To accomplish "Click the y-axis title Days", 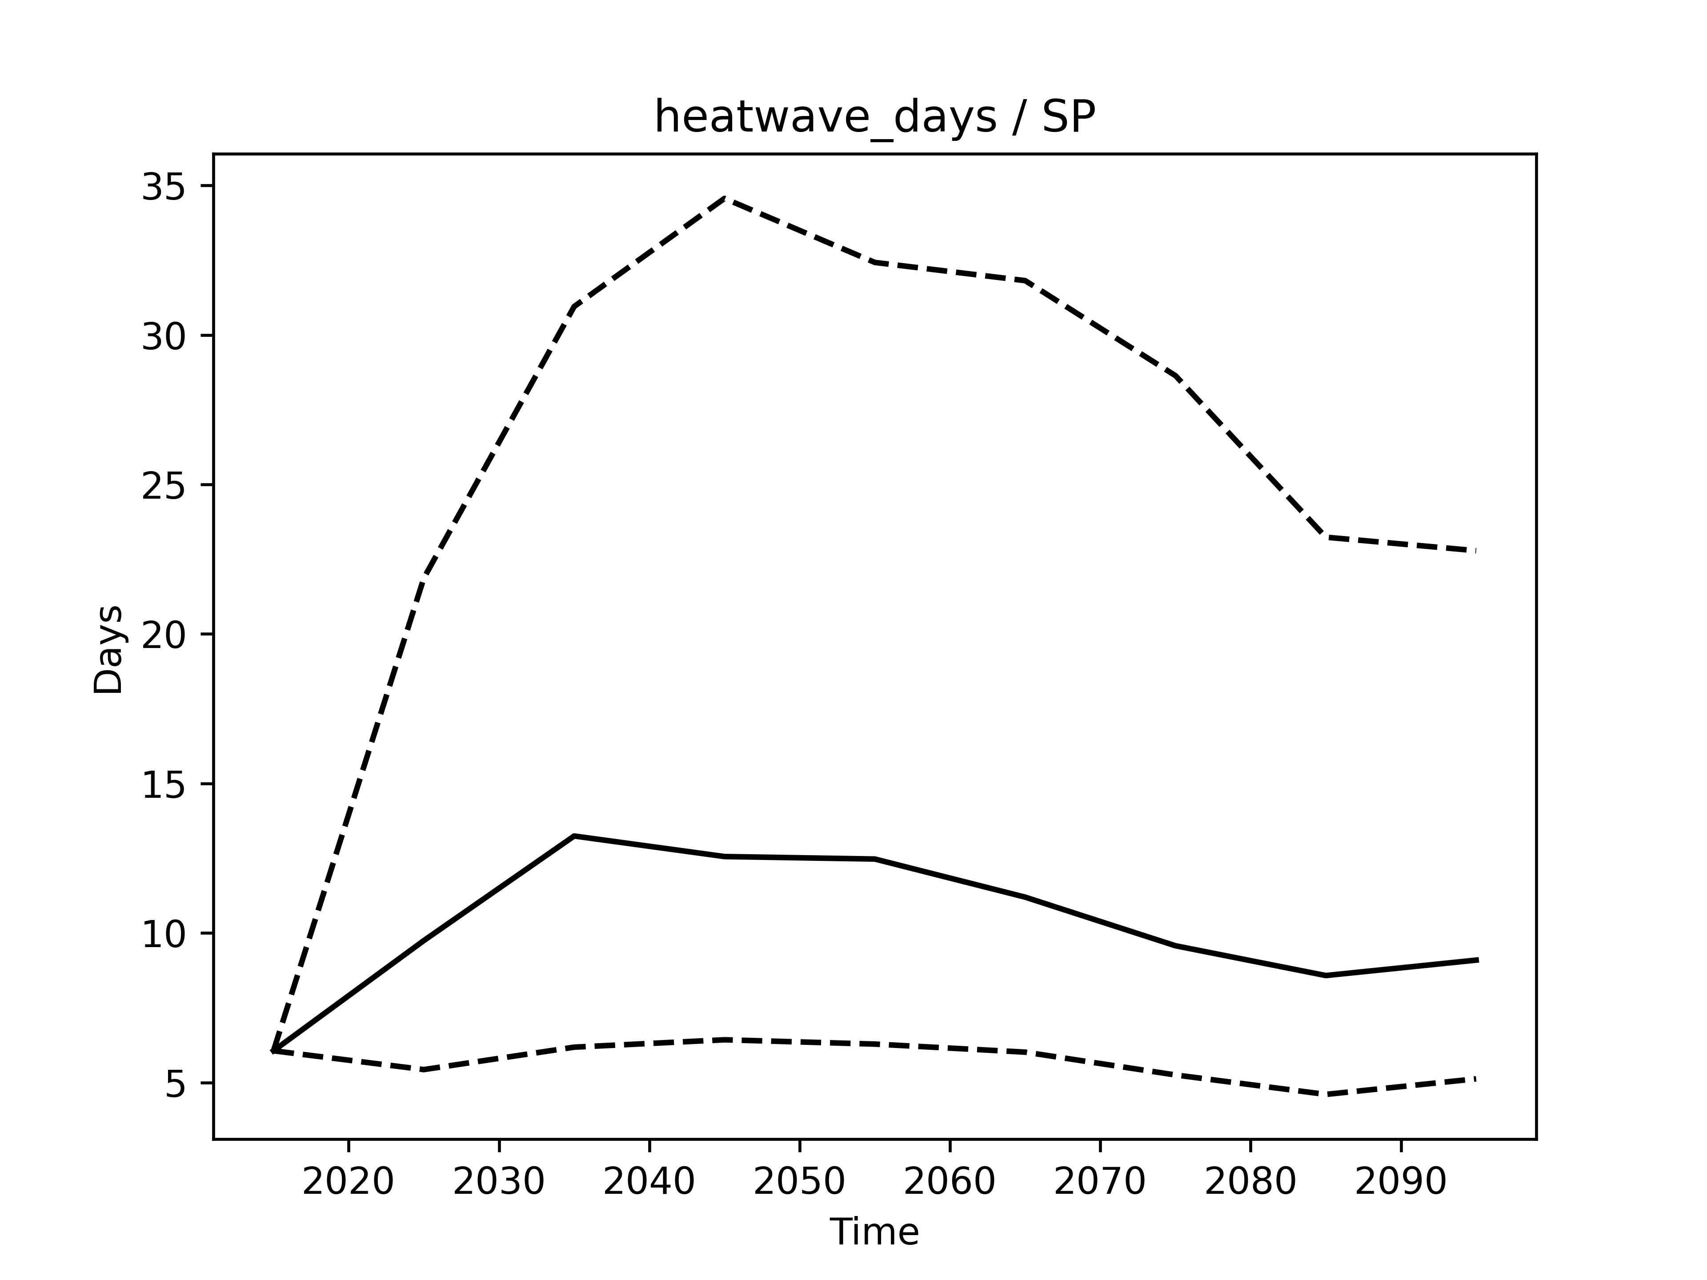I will [109, 650].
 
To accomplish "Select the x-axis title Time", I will [874, 1232].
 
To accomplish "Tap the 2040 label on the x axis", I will [649, 1182].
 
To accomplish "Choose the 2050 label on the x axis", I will [799, 1182].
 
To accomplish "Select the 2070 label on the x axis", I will [1100, 1182].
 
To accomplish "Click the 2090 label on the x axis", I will [1401, 1182].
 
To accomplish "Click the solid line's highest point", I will [574, 836].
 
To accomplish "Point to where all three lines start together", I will [273, 1051].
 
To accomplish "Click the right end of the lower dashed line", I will [1475, 1079].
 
